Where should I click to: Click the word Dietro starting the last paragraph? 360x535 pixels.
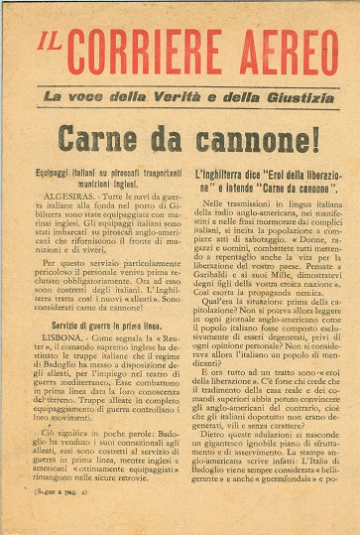(205, 463)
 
